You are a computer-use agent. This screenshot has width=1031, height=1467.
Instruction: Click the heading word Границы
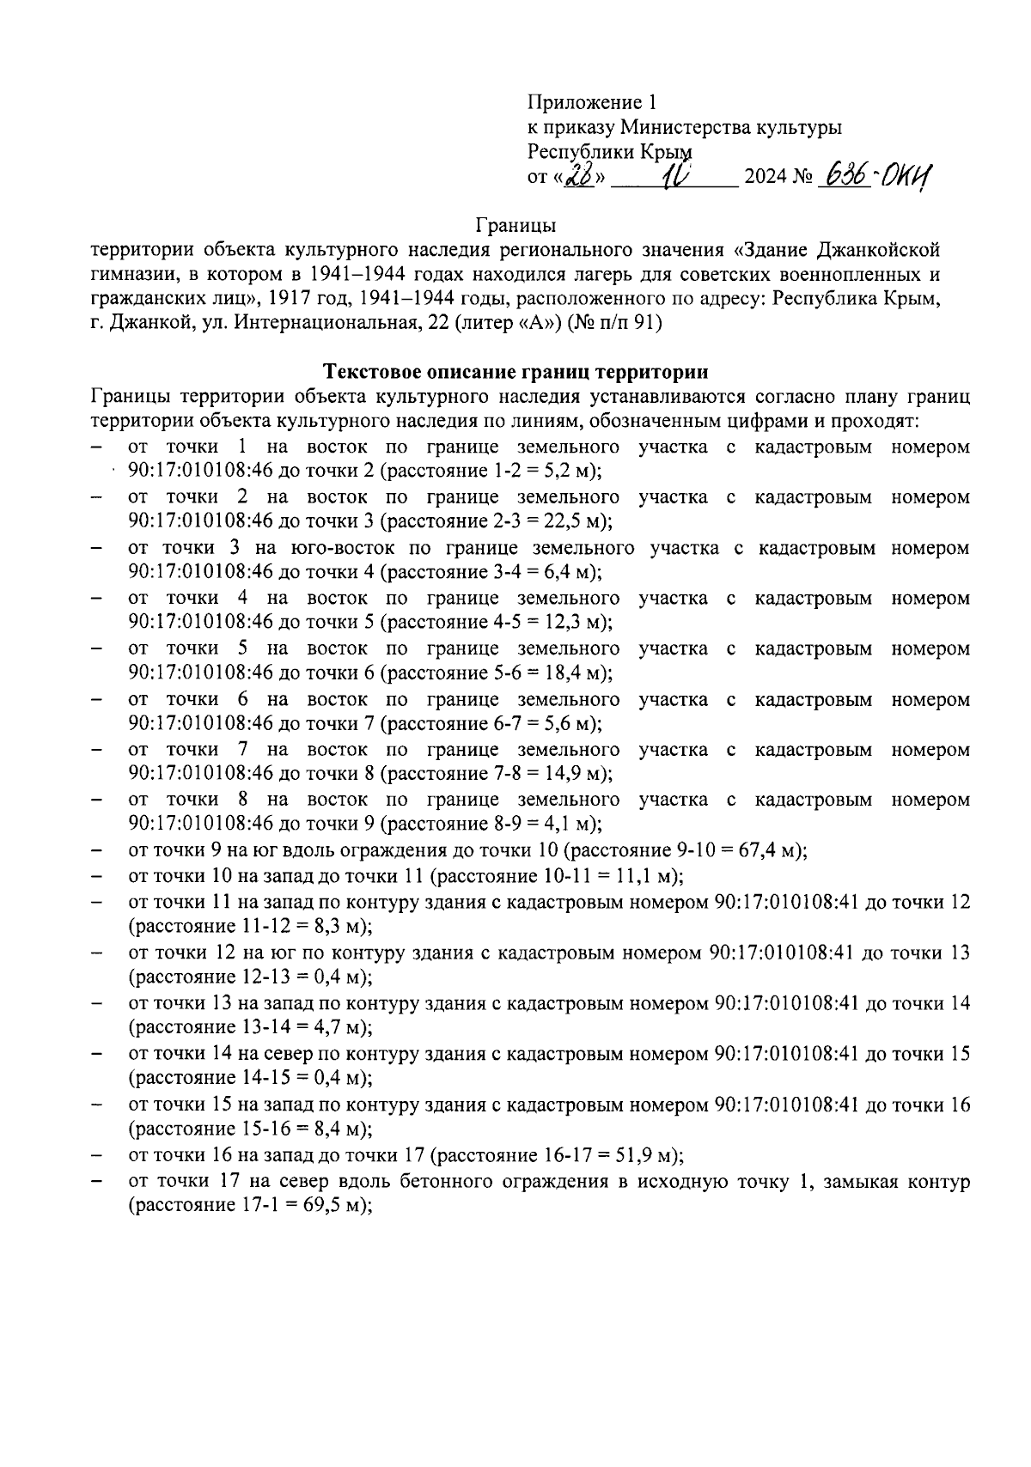click(515, 226)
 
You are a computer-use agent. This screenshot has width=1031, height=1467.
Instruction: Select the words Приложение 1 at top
click(591, 103)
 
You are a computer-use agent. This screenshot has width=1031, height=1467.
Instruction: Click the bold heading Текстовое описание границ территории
click(515, 372)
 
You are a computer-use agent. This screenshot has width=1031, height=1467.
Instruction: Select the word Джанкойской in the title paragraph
click(876, 250)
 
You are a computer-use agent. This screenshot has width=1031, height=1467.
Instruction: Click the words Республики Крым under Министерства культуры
click(609, 152)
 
